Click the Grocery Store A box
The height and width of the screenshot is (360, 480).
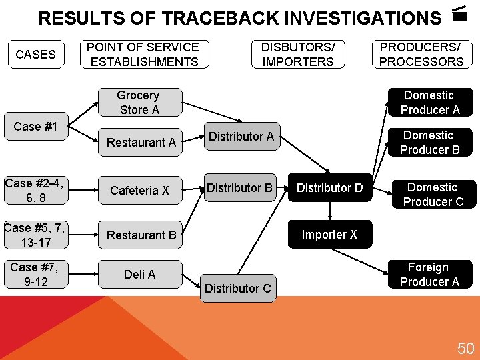click(x=138, y=103)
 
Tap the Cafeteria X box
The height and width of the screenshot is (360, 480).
click(x=139, y=191)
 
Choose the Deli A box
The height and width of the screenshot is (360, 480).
click(x=139, y=274)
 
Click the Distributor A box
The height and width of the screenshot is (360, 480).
click(x=241, y=137)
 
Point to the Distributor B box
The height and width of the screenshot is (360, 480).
click(x=239, y=188)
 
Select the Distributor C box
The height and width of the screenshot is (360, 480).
click(x=238, y=288)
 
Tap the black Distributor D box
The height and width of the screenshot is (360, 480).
click(x=330, y=189)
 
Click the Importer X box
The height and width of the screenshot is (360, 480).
click(x=329, y=235)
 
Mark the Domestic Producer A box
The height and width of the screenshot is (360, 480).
click(x=429, y=103)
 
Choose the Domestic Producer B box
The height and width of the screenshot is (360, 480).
click(x=429, y=143)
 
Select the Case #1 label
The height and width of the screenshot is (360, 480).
click(x=35, y=127)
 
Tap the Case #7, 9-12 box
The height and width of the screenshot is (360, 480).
click(x=35, y=274)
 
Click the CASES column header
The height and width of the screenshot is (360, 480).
click(x=35, y=55)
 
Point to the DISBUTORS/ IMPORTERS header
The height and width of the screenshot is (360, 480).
click(x=297, y=55)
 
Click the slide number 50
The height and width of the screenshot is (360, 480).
click(x=465, y=348)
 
